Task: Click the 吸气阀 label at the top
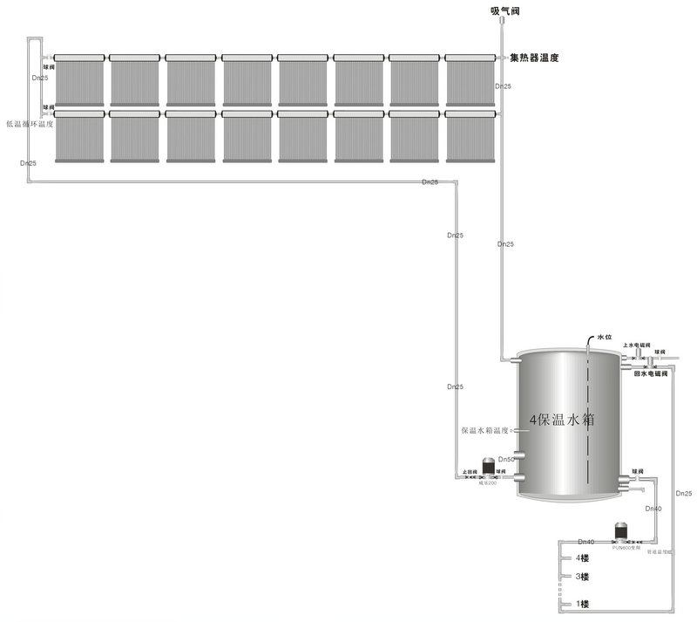point(504,10)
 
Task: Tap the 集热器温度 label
point(534,58)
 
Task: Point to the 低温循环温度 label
point(30,124)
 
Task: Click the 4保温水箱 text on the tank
point(563,420)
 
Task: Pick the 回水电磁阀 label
point(650,373)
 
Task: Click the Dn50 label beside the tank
point(506,459)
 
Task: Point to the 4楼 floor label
point(581,558)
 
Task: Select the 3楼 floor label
point(581,578)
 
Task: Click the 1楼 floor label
point(581,605)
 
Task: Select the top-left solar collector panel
point(79,79)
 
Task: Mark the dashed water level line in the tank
point(588,419)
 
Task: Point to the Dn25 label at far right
point(685,494)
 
